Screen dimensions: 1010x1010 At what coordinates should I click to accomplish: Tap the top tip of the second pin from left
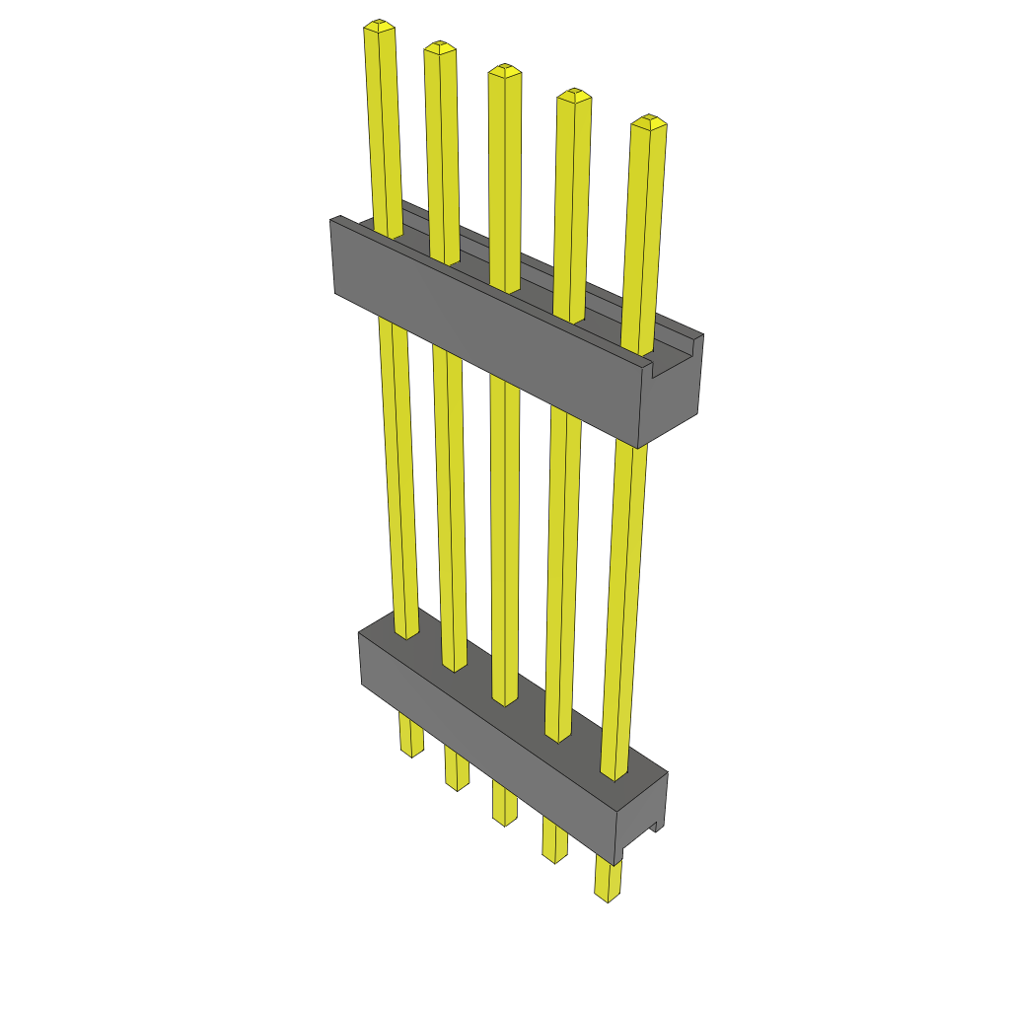439,46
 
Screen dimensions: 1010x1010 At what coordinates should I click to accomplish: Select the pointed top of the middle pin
504,70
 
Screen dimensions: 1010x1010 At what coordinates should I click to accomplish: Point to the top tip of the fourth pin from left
573,95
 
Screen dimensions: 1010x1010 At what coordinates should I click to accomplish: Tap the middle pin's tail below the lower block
504,804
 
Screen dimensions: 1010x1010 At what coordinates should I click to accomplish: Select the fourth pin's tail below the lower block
554,842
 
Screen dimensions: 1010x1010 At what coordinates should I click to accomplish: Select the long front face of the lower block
483,750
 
